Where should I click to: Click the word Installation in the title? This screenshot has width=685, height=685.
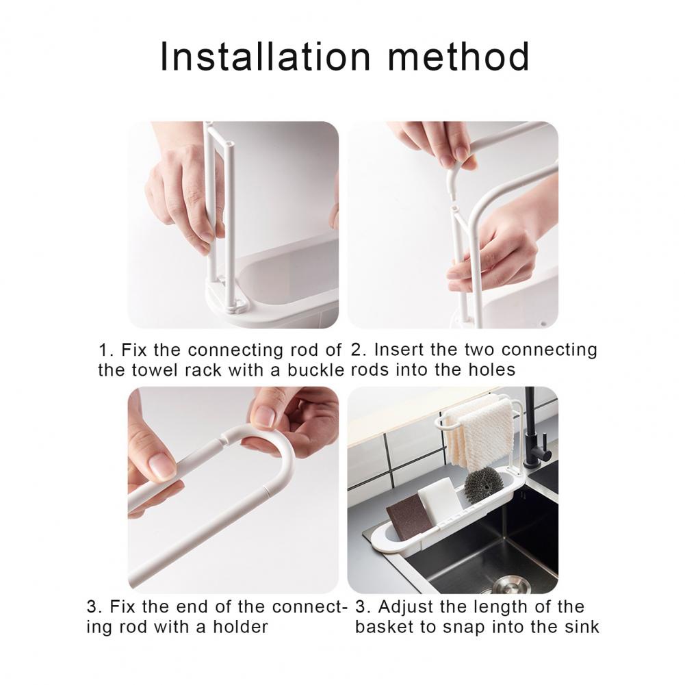(266, 56)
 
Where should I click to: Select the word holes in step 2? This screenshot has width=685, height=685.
(491, 370)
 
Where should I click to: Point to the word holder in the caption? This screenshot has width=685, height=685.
(240, 626)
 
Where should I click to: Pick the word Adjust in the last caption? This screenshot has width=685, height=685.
(403, 607)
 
